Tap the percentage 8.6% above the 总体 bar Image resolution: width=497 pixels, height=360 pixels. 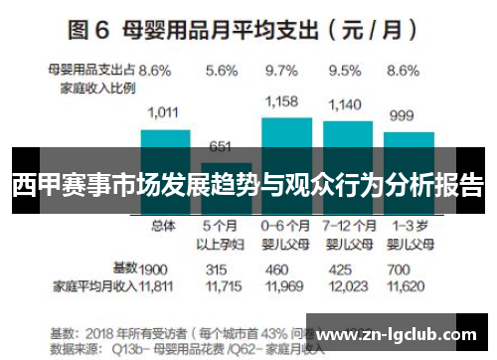coord(154,71)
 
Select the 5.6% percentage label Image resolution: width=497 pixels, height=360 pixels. coord(223,71)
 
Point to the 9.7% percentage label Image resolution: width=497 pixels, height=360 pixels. coord(283,71)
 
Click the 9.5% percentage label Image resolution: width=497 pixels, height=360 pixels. coord(344,71)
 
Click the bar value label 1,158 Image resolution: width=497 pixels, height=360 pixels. coord(283,101)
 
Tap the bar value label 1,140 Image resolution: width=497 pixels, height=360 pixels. coord(345,103)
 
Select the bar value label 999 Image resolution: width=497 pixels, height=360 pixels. coord(401,115)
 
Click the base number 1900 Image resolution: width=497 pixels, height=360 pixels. coord(153,269)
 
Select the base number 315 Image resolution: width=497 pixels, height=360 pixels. coord(216,269)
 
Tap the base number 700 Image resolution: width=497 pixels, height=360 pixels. coord(398,269)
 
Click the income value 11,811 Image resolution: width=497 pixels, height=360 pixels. coord(155,286)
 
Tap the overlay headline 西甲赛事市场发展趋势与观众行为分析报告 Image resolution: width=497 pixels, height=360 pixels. coord(248,185)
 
